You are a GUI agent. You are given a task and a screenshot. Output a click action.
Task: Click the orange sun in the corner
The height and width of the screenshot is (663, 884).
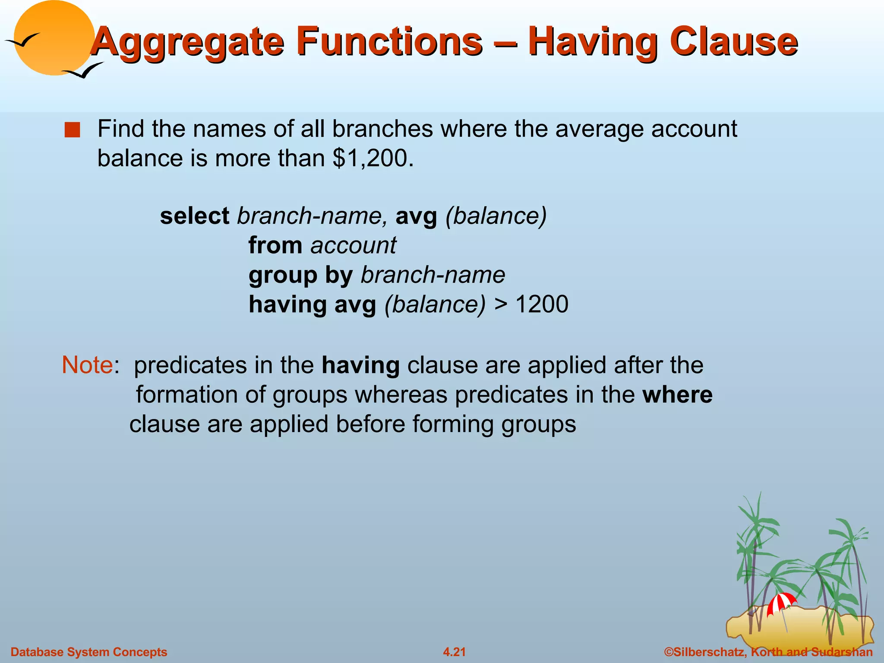pyautogui.click(x=54, y=38)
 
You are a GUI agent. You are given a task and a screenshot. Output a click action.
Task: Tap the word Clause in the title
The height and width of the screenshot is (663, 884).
pyautogui.click(x=734, y=42)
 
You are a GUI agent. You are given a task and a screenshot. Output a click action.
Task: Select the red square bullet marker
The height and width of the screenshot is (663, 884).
pyautogui.click(x=72, y=130)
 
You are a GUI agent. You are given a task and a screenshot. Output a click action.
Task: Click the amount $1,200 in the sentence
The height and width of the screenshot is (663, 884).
pyautogui.click(x=370, y=158)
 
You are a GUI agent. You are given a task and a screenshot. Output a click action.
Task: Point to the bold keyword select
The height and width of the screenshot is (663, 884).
pyautogui.click(x=194, y=216)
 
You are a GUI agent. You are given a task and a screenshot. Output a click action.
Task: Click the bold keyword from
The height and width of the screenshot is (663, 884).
pyautogui.click(x=275, y=245)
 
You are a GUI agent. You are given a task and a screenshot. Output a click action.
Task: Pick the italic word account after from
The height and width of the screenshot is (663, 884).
pyautogui.click(x=353, y=245)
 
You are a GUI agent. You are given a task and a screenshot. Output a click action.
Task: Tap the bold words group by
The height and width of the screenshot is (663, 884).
pyautogui.click(x=300, y=275)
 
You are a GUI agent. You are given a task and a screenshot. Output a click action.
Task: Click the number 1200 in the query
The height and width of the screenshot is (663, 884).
pyautogui.click(x=542, y=304)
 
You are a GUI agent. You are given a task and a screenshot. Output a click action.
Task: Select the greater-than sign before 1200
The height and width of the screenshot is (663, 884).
pyautogui.click(x=501, y=304)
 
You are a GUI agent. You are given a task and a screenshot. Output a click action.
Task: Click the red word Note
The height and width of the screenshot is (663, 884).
pyautogui.click(x=87, y=365)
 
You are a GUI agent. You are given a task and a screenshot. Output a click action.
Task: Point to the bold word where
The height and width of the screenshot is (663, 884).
pyautogui.click(x=677, y=395)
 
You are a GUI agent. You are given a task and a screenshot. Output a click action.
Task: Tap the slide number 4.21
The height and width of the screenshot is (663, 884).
pyautogui.click(x=454, y=652)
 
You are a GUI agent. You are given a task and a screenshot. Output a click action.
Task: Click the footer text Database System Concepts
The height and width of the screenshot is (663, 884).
pyautogui.click(x=89, y=652)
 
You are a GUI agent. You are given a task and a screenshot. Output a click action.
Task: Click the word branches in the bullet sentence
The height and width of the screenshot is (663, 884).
pyautogui.click(x=382, y=129)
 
